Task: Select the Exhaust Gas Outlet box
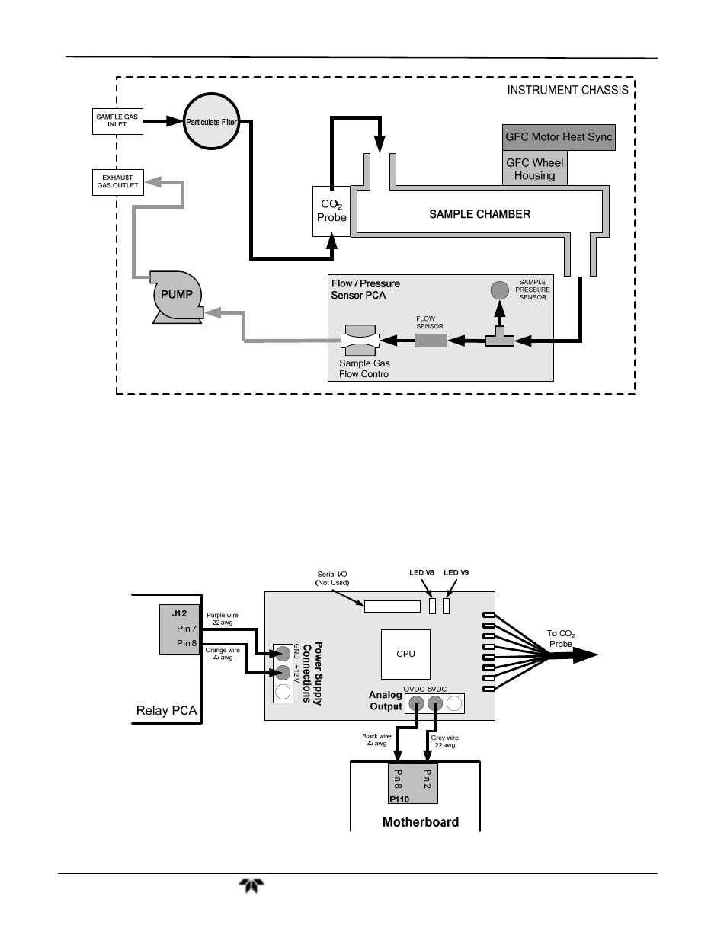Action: [x=118, y=181]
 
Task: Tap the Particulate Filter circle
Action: [x=212, y=122]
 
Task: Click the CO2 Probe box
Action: [x=332, y=211]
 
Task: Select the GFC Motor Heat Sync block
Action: [x=559, y=137]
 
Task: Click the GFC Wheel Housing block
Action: [x=534, y=169]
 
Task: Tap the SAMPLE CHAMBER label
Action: [x=479, y=214]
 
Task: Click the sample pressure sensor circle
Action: [x=499, y=290]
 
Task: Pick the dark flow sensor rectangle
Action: [x=431, y=340]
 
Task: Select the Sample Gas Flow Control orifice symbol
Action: [x=360, y=340]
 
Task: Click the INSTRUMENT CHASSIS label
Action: [x=568, y=90]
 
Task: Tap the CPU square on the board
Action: [x=405, y=653]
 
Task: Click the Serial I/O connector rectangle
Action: [x=392, y=607]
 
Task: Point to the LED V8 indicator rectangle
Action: [x=431, y=606]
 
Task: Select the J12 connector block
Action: [x=179, y=629]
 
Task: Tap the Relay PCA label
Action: [x=166, y=710]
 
